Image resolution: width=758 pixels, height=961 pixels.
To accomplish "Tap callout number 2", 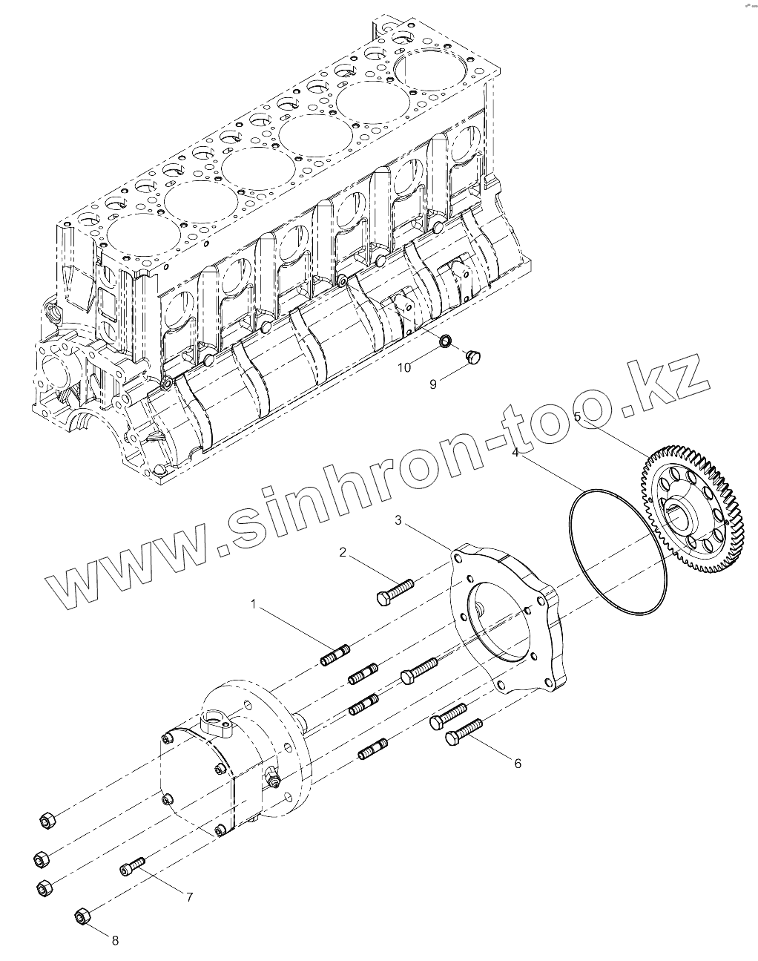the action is click(x=343, y=551).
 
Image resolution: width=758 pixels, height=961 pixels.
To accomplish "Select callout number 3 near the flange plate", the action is click(x=398, y=520).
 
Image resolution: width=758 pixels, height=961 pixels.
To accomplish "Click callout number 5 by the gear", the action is click(x=578, y=416).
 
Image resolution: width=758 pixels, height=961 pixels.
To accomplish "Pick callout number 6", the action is click(x=517, y=763).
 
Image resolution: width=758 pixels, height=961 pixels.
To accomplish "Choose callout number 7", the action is click(x=189, y=896).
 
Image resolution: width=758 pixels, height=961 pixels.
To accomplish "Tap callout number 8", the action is click(x=115, y=940).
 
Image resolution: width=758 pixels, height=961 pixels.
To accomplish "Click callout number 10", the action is click(x=403, y=367).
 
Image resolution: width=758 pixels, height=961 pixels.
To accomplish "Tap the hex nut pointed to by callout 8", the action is click(x=82, y=916).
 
